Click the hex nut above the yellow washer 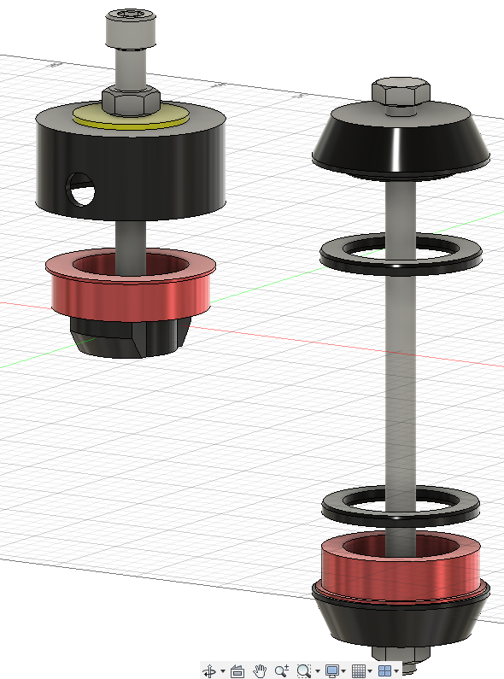coord(128,99)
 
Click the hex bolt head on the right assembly coord(399,95)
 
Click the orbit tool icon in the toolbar coord(210,671)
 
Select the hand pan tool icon coord(261,671)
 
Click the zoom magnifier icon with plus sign coord(282,671)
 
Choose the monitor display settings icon coord(331,671)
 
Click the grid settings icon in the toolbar coord(359,671)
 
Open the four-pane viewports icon coord(385,671)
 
